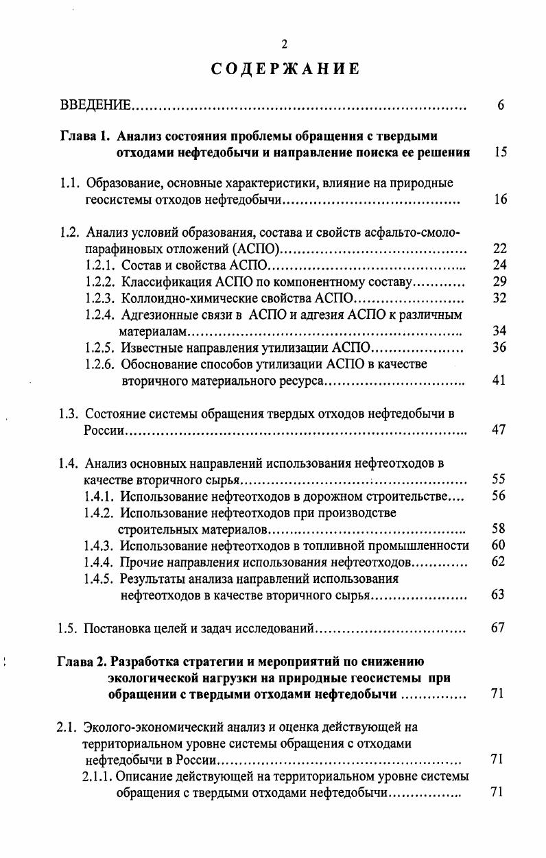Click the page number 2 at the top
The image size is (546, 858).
[283, 45]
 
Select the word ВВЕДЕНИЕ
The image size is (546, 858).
[95, 106]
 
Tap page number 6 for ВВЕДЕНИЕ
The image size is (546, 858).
[501, 106]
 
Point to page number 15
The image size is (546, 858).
[500, 152]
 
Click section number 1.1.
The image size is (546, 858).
[70, 183]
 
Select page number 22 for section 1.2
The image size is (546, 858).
[499, 249]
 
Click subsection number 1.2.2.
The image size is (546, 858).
[101, 282]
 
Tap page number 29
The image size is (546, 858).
[499, 282]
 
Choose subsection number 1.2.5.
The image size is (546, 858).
[101, 347]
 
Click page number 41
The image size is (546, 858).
[499, 380]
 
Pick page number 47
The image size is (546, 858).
[499, 431]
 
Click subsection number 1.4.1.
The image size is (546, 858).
[100, 496]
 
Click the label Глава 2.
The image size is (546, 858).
[80, 662]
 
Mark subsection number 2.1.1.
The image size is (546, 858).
[97, 777]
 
